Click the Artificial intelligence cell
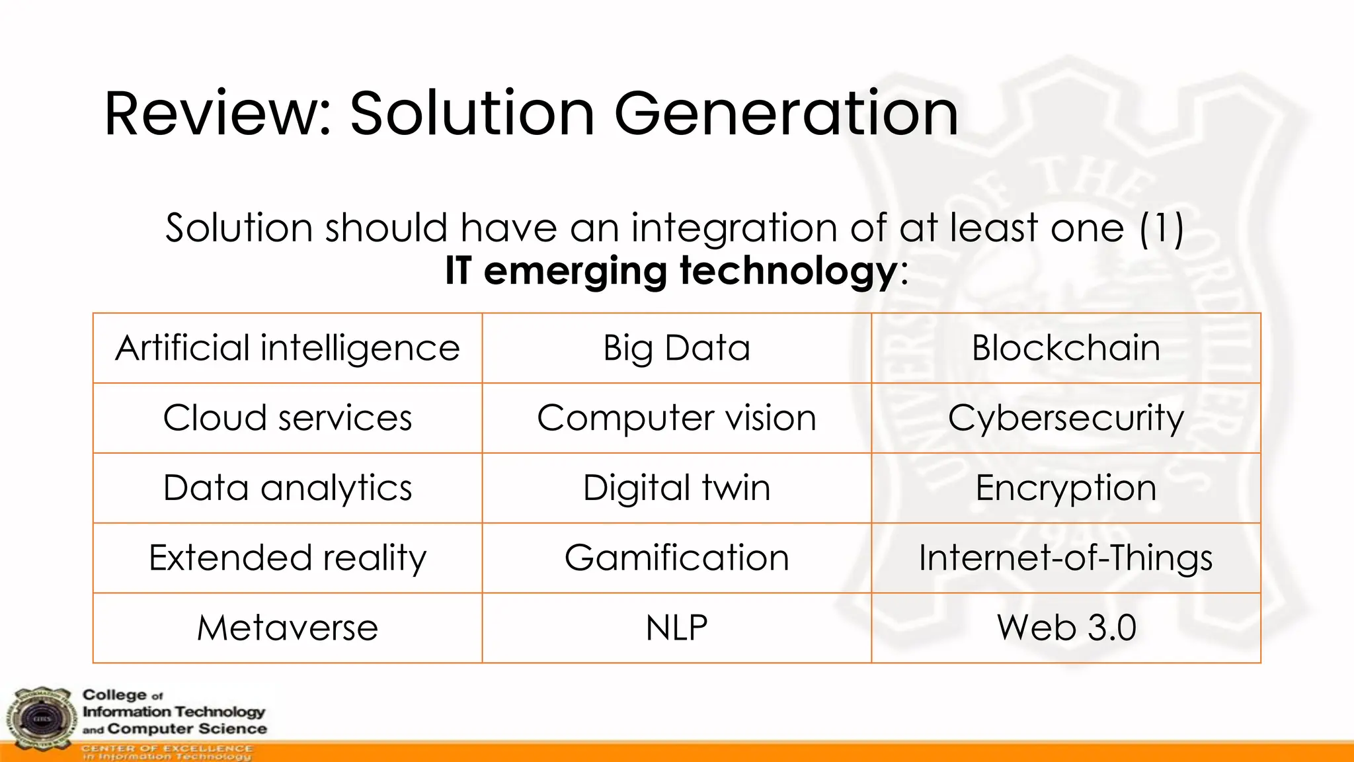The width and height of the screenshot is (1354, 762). click(288, 349)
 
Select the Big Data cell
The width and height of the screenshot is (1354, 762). click(676, 349)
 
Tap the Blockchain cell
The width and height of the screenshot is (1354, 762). click(1066, 349)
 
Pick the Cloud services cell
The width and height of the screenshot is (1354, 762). click(288, 418)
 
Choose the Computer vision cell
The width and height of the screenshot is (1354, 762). click(676, 418)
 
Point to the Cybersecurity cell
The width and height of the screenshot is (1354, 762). click(1066, 418)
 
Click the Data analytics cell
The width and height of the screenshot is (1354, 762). click(288, 488)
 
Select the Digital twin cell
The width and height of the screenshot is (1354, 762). click(676, 488)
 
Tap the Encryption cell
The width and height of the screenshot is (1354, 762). click(1066, 488)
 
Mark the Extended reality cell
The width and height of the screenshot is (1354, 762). click(288, 558)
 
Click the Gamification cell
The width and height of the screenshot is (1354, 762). click(676, 558)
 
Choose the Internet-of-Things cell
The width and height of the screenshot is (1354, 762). click(1066, 558)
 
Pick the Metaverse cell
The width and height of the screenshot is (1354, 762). click(288, 628)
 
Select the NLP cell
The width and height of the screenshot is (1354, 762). click(676, 628)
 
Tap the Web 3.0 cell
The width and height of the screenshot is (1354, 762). click(1066, 628)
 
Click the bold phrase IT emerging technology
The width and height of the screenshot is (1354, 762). click(670, 271)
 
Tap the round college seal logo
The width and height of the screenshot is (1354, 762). click(41, 719)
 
